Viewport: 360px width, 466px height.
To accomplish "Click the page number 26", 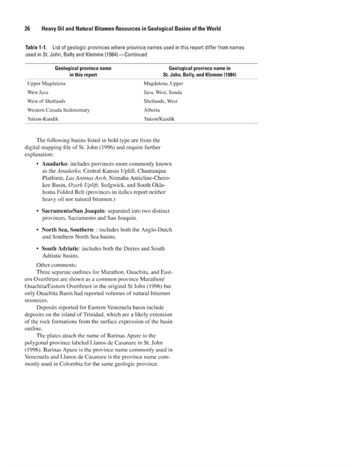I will point(28,29).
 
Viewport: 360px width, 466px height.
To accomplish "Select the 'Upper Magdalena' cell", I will point(46,84).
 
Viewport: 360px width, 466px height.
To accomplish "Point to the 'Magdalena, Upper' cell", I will point(164,84).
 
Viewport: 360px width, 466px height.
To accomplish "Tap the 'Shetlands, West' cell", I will point(161,101).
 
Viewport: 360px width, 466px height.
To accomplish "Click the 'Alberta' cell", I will point(152,110).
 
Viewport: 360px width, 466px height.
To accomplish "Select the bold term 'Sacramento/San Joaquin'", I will point(74,211).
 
